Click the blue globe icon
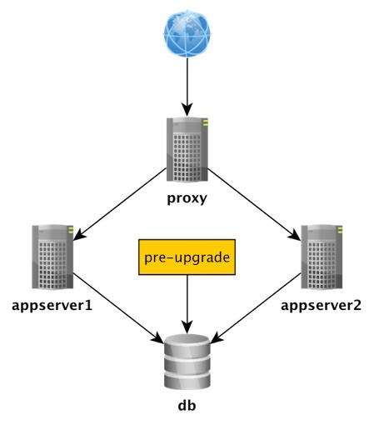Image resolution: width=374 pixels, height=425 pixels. tap(187, 32)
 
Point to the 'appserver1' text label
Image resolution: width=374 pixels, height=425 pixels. tap(52, 305)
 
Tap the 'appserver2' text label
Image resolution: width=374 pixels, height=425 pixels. tap(322, 305)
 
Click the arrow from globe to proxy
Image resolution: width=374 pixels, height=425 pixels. tap(187, 87)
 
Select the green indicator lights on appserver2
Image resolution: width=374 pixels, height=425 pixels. tap(340, 229)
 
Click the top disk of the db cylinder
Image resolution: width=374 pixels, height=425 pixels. tap(187, 343)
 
